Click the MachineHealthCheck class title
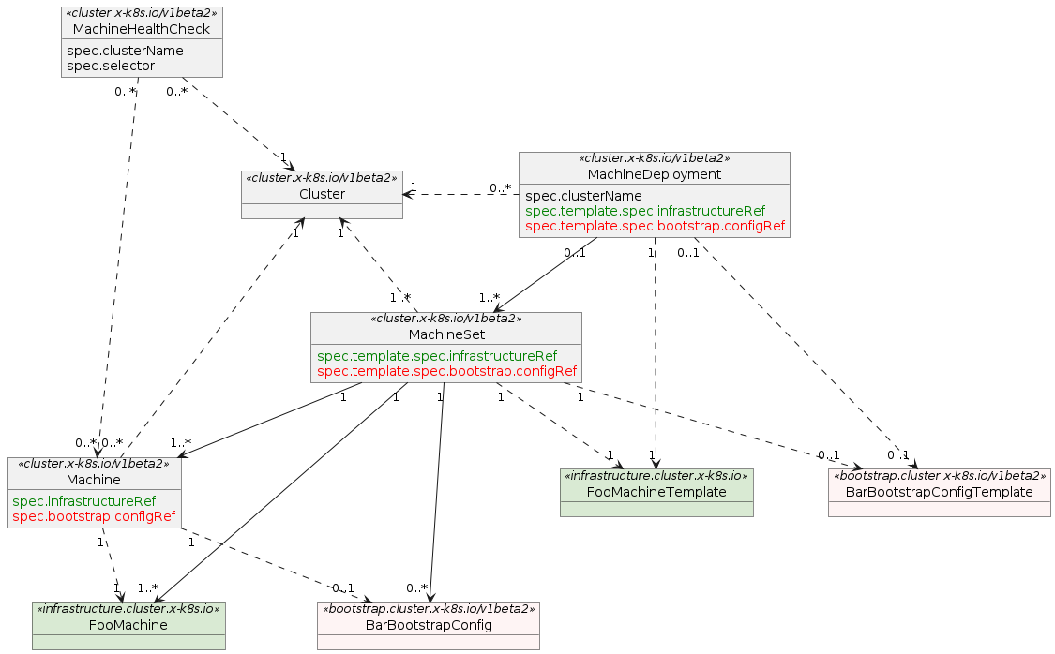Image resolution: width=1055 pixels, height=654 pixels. pyautogui.click(x=142, y=29)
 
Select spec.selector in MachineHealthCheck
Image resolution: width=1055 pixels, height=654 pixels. pyautogui.click(x=112, y=66)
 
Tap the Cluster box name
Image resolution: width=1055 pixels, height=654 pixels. pyautogui.click(x=322, y=194)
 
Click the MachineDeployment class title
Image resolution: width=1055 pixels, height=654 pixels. pyautogui.click(x=654, y=174)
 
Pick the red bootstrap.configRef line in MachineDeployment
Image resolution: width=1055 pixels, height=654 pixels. pyautogui.click(x=655, y=226)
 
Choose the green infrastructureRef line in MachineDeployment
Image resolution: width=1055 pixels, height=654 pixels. pyautogui.click(x=645, y=211)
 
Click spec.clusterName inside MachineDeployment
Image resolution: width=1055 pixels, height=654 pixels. pyautogui.click(x=583, y=196)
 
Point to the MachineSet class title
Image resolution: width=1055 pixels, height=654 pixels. pyautogui.click(x=445, y=334)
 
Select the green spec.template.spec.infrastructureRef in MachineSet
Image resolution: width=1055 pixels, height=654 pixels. pyautogui.click(x=437, y=356)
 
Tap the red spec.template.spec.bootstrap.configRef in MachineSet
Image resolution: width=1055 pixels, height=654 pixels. pyautogui.click(x=446, y=371)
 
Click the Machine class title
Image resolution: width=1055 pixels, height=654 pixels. pyautogui.click(x=93, y=480)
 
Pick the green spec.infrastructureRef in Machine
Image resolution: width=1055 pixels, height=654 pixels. pyautogui.click(x=84, y=501)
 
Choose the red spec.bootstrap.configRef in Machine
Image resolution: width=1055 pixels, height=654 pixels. pyautogui.click(x=94, y=516)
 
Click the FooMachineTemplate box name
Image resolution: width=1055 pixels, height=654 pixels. pyautogui.click(x=656, y=492)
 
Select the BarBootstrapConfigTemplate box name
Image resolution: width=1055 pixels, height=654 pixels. pyautogui.click(x=939, y=492)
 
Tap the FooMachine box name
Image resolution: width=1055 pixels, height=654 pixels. pyautogui.click(x=128, y=625)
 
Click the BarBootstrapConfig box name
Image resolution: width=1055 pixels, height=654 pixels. pyautogui.click(x=429, y=625)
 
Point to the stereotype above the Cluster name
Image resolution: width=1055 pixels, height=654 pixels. pyautogui.click(x=322, y=178)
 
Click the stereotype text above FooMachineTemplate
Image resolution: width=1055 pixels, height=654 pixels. pyautogui.click(x=656, y=476)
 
